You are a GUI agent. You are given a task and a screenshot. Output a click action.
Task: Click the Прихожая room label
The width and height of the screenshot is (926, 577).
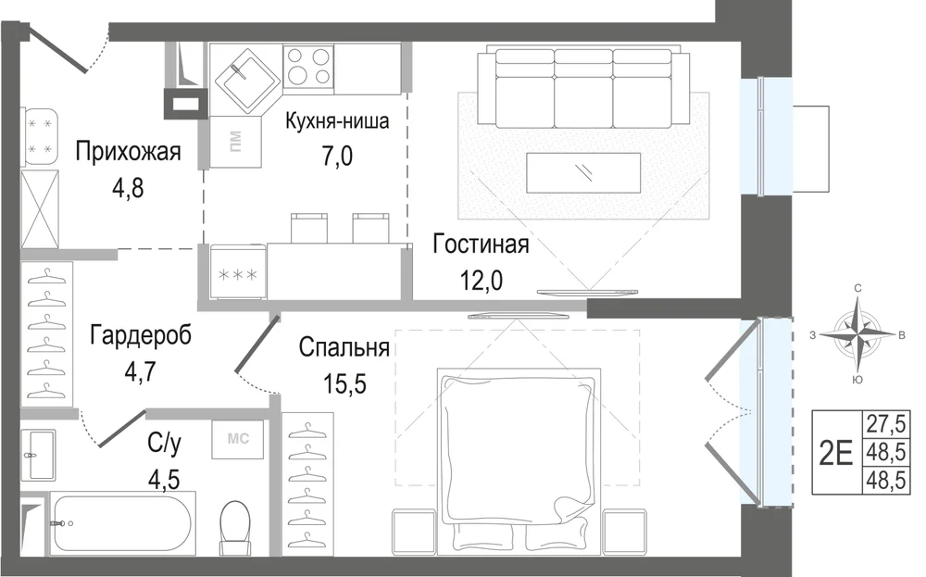pos(128,152)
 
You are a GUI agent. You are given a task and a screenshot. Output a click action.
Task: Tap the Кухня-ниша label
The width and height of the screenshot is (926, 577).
pos(337,121)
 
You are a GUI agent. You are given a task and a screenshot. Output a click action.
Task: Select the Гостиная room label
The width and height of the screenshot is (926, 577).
pos(481,244)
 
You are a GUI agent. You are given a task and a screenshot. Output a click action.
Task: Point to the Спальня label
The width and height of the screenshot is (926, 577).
pos(344,347)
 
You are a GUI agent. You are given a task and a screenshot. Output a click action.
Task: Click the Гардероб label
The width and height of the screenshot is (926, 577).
pos(141,335)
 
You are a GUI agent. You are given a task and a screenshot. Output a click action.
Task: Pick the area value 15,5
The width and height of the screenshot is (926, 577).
pos(344,383)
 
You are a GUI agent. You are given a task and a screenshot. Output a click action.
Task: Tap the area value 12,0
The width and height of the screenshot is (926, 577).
pos(482,280)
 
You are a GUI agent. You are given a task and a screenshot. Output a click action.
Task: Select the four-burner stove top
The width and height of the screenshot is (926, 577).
pos(307,66)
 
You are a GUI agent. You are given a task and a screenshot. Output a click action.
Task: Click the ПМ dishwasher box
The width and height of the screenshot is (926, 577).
pos(235,142)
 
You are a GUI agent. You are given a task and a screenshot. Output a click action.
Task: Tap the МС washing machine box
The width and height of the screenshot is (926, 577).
pos(238,439)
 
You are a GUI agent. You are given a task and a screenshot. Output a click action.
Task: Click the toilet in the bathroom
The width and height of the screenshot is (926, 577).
pos(235,527)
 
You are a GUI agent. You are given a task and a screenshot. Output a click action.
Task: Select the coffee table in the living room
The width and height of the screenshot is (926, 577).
pos(582,172)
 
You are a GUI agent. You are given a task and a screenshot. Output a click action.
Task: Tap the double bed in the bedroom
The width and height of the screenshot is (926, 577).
pos(519,460)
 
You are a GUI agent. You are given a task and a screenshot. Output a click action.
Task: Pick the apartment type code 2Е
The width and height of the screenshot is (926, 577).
pos(836,452)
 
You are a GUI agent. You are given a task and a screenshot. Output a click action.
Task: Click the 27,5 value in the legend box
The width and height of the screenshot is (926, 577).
pos(885,423)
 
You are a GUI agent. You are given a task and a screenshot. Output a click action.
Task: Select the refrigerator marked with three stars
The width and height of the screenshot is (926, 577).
pos(237,273)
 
